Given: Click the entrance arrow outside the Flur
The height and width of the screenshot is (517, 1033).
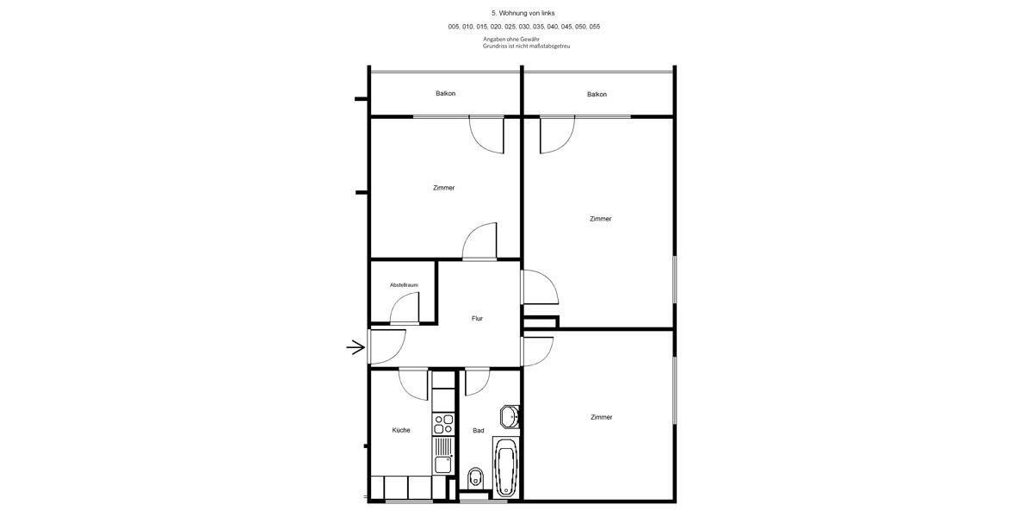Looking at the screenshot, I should pos(356,347).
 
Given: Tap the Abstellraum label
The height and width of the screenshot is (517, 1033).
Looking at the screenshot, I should pos(404,284).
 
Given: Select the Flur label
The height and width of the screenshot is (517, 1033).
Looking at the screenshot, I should pos(477,319).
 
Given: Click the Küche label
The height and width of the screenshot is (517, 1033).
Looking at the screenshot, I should pos(401,430).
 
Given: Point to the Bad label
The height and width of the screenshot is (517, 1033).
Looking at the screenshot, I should pos(479,430).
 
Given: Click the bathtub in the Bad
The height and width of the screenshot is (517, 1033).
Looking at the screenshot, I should pos(506,467).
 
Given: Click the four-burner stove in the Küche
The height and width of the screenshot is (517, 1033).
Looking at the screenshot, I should pos(443,424).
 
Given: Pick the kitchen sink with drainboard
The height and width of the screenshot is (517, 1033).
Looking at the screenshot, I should pos(443,455).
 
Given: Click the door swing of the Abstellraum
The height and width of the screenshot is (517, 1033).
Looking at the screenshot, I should pos(405,308).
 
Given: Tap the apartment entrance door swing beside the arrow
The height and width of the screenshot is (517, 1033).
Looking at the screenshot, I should pos(387,346).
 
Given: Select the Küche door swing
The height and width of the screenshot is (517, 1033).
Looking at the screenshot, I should pos(414,383).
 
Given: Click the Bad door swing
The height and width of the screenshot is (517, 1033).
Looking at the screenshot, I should pos(477,381).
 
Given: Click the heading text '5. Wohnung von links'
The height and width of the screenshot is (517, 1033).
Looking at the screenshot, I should pos(523,13).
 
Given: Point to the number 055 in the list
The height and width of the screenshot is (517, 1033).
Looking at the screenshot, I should pos(594,27).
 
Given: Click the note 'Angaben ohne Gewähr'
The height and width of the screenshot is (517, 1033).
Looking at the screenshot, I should pos(511,39).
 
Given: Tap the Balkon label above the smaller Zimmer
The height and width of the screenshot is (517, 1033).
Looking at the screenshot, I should pos(445,93).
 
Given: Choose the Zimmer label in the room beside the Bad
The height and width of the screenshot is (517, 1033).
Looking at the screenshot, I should pos(601,417).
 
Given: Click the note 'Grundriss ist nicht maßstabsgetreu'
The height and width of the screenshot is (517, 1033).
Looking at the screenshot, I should pos(526,46).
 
